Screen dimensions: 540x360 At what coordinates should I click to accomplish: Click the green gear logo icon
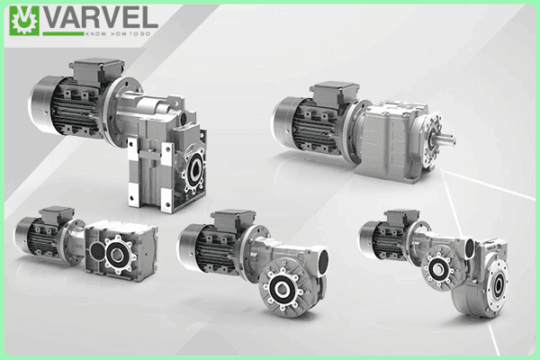[24, 21]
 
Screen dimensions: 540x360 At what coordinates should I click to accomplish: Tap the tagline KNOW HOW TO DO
[118, 34]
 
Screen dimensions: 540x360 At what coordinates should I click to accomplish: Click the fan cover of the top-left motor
[40, 104]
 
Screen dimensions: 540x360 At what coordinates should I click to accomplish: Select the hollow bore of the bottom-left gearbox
[116, 255]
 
